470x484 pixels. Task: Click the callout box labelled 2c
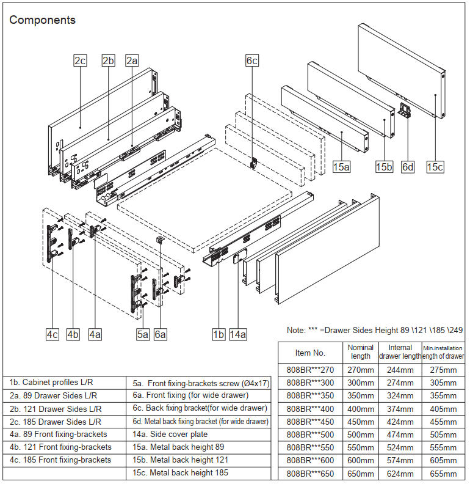80,61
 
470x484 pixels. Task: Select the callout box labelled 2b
108,61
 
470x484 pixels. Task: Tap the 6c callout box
252,61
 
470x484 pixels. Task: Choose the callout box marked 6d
408,166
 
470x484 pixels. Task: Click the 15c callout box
435,166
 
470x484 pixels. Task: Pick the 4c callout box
52,334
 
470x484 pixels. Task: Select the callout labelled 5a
143,334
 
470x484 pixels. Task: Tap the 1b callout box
219,334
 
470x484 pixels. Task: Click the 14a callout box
239,334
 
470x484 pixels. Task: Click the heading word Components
42,20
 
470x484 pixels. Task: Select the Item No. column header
310,353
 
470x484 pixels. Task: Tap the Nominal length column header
360,352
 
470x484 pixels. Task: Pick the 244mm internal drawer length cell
400,370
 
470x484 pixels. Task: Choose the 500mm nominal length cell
360,435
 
